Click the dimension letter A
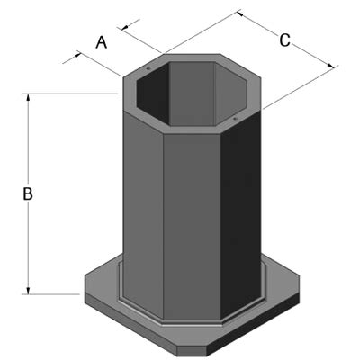click(x=102, y=40)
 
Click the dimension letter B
click(x=28, y=193)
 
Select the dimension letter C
click(x=284, y=40)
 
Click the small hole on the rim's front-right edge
click(x=233, y=117)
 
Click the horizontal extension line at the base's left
click(x=54, y=293)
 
